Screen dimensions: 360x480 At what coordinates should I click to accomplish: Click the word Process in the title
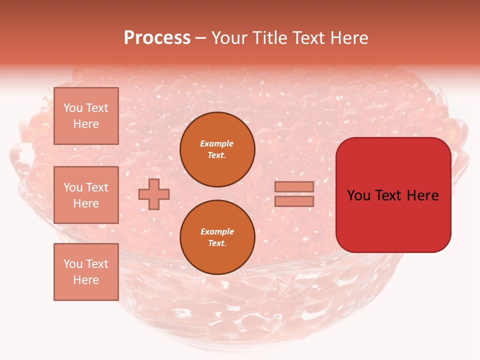[157, 38]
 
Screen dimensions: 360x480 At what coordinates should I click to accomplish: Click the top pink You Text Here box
[86, 116]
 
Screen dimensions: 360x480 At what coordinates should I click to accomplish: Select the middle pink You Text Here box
[86, 195]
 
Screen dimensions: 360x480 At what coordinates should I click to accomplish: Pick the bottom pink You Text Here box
[86, 272]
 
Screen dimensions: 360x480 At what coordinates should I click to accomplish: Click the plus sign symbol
[154, 194]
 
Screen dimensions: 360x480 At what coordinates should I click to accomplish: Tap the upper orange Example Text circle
[217, 149]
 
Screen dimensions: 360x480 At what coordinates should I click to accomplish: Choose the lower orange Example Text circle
[217, 237]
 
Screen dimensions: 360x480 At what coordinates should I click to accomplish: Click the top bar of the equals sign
[294, 186]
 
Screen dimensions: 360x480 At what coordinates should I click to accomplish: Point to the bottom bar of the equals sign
[294, 201]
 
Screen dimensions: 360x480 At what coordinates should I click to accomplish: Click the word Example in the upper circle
[217, 143]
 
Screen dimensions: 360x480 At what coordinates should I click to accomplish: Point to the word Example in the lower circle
[217, 231]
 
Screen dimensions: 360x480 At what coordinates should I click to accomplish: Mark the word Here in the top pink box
[86, 124]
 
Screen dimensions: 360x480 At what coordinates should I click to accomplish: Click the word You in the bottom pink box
[73, 264]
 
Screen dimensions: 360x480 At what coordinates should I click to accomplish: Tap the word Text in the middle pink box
[96, 187]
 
